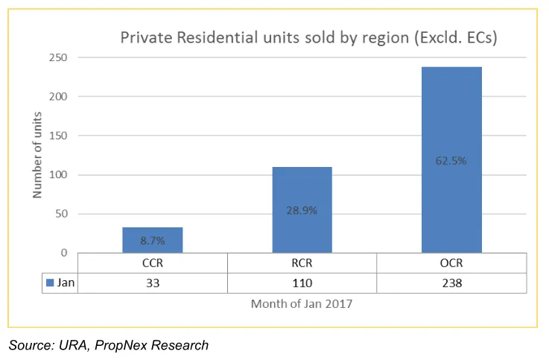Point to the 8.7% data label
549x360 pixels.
153,241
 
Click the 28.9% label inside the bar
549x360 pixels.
302,210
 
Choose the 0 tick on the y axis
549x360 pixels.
65,253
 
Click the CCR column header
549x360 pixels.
153,263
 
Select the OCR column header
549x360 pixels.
451,263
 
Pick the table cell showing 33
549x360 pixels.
153,282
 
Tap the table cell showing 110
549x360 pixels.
302,282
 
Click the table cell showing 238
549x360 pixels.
451,282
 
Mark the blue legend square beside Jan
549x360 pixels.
50,282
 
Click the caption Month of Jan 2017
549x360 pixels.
301,303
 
